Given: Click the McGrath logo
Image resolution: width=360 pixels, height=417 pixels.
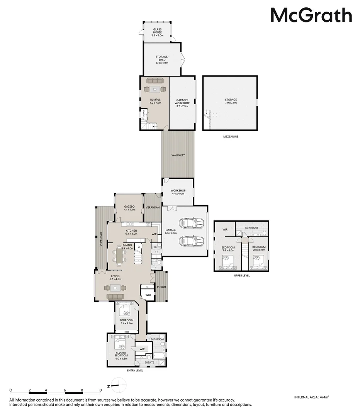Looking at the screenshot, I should pyautogui.click(x=311, y=16).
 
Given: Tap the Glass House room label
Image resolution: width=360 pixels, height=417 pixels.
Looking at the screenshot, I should pyautogui.click(x=157, y=32).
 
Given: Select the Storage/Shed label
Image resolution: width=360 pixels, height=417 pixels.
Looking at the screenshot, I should pyautogui.click(x=161, y=59).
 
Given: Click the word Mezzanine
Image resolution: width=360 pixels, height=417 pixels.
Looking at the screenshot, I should pyautogui.click(x=230, y=136).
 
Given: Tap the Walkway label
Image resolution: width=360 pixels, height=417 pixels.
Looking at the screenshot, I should pyautogui.click(x=178, y=155).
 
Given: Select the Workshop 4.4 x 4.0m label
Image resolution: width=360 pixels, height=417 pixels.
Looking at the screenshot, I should pyautogui.click(x=178, y=192).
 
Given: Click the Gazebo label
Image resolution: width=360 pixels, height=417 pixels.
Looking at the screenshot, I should pyautogui.click(x=129, y=208).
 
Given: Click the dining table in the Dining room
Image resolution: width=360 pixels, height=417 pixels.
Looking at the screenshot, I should pyautogui.click(x=119, y=256).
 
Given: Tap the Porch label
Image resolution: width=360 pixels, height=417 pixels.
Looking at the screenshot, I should pyautogui.click(x=161, y=287).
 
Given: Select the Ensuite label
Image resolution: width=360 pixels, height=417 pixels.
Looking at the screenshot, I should pyautogui.click(x=149, y=363).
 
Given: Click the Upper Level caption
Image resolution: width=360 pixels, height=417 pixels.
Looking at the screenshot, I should pyautogui.click(x=242, y=276).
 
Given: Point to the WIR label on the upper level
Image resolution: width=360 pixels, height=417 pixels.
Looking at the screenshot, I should pyautogui.click(x=225, y=229).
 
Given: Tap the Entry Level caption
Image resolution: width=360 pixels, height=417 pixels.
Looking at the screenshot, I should pyautogui.click(x=135, y=371).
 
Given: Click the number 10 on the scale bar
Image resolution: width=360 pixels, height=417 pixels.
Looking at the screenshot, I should pyautogui.click(x=100, y=390).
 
